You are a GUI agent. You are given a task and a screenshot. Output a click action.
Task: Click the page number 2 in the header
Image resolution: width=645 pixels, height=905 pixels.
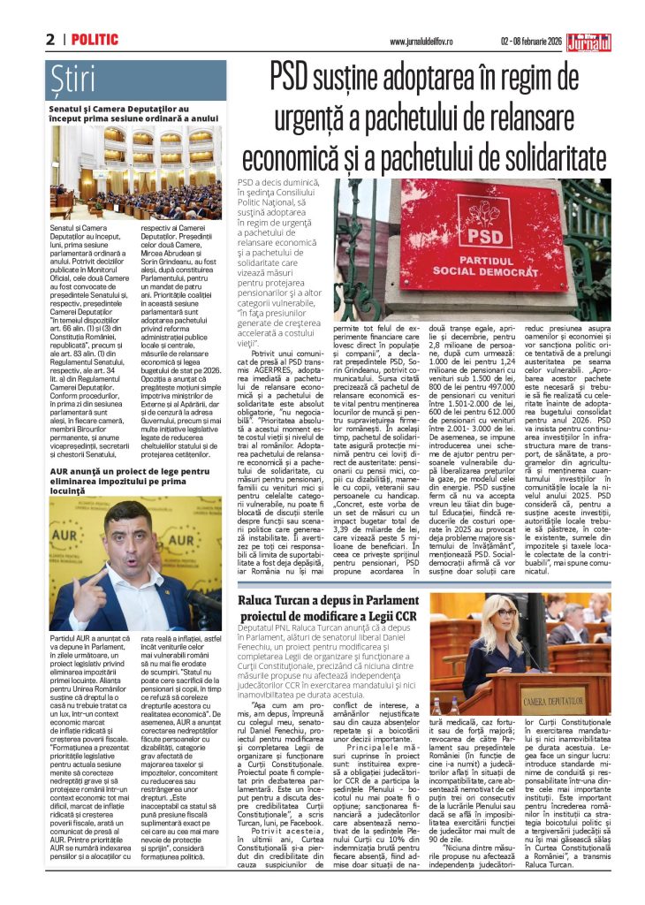50,40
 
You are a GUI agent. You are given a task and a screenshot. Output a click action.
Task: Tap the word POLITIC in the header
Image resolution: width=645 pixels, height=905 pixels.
95,40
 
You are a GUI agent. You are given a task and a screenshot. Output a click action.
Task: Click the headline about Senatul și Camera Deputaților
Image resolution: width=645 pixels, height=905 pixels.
133,111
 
